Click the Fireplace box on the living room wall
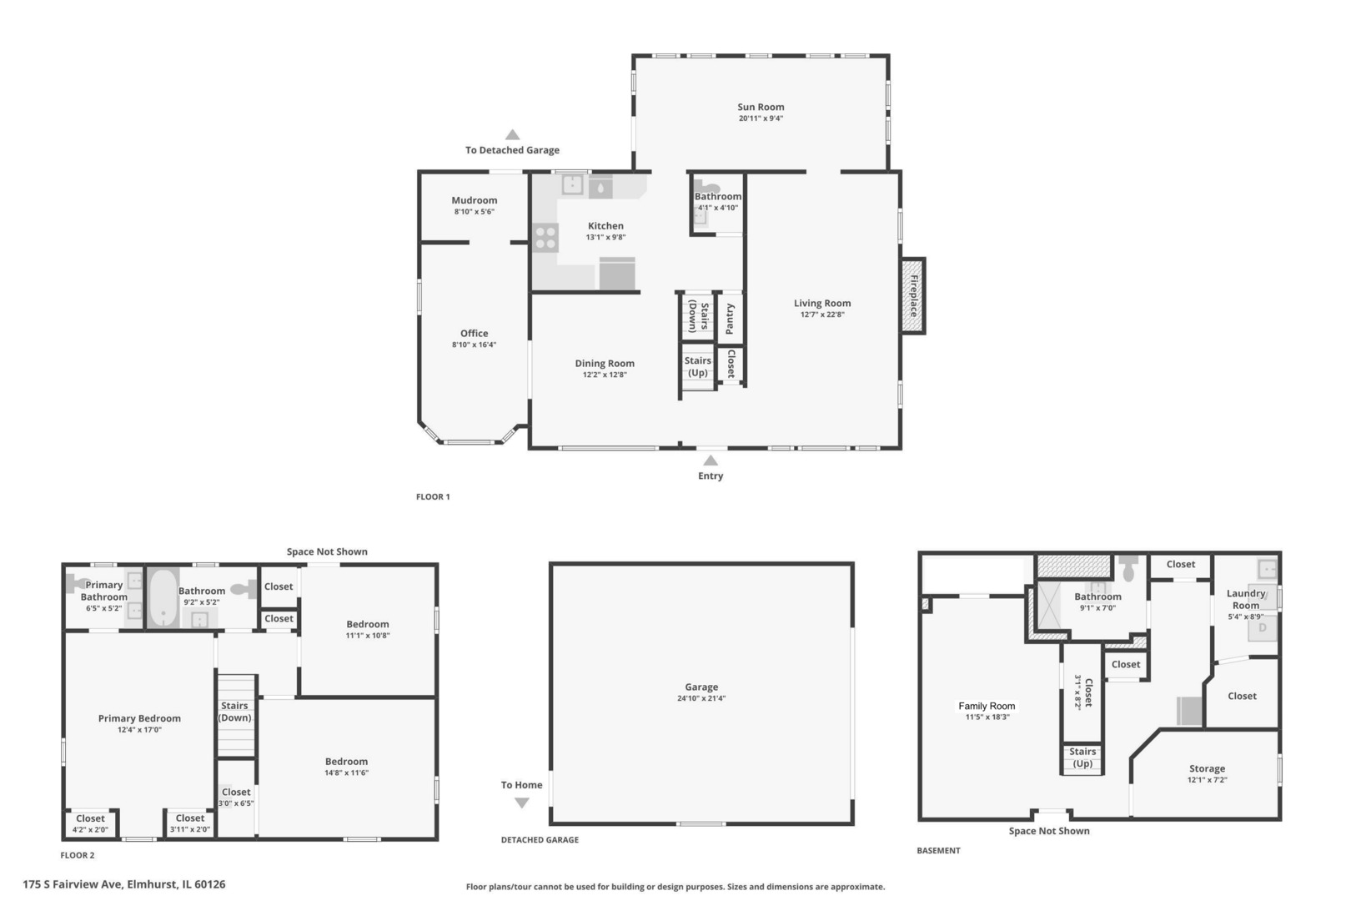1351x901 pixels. [x=913, y=295]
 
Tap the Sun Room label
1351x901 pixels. [x=760, y=107]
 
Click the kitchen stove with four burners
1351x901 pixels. [x=545, y=238]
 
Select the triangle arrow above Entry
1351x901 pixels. [x=710, y=460]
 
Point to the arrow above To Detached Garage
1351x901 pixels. [x=512, y=135]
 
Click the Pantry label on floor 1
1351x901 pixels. [x=730, y=318]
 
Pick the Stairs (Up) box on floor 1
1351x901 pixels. [x=698, y=368]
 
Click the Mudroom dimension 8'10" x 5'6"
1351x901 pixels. [x=474, y=212]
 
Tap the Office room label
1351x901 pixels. [x=474, y=333]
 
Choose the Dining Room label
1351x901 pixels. [x=604, y=363]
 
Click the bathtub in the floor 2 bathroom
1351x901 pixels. [x=163, y=596]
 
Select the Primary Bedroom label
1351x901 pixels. [x=139, y=718]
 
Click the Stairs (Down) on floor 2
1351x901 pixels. [x=235, y=712]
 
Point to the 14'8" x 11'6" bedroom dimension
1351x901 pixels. [x=346, y=773]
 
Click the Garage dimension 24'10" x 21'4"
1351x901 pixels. [x=701, y=698]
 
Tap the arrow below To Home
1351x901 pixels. [x=521, y=803]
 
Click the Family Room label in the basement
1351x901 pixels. [x=987, y=706]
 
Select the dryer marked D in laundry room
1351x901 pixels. [x=1262, y=627]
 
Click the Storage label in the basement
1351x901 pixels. [x=1207, y=768]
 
